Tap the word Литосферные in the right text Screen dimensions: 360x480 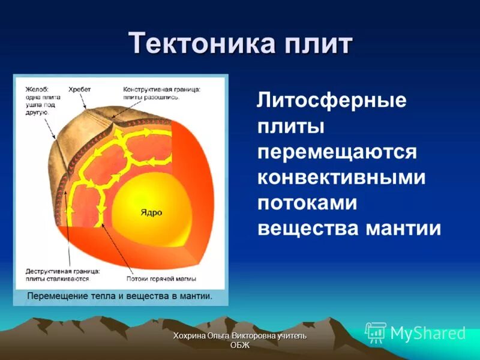coord(332,100)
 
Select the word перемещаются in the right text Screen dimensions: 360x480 coord(337,152)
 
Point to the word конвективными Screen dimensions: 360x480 coord(341,178)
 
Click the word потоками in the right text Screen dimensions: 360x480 coord(307,203)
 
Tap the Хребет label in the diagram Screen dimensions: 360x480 coord(79,89)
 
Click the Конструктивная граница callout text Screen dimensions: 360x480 coord(161,92)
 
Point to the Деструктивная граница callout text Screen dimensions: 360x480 coord(62,274)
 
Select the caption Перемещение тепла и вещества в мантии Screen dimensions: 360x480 coord(119,296)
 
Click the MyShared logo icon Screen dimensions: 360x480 coord(376,332)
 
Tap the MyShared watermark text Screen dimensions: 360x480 coord(428,333)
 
